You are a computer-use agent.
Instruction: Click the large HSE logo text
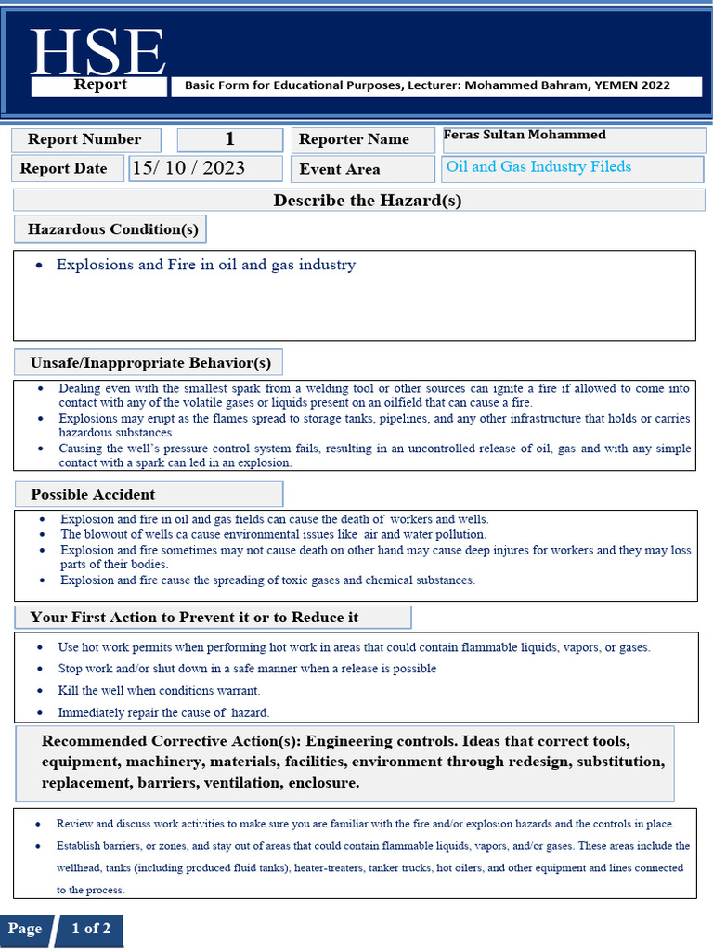click(97, 52)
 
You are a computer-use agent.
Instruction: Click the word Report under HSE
click(100, 85)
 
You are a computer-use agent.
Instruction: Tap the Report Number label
click(84, 139)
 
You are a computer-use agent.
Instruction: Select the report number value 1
click(229, 139)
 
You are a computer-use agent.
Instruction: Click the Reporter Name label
click(354, 139)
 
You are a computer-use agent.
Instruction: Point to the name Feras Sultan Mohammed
click(525, 135)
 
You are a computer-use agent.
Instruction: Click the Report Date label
click(63, 168)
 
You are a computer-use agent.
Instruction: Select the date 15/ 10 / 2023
click(188, 167)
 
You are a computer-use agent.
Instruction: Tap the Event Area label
click(339, 169)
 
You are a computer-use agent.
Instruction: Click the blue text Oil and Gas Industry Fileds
click(538, 167)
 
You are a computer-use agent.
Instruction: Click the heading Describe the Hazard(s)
click(367, 201)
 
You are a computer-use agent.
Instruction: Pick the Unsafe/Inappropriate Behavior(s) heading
click(150, 361)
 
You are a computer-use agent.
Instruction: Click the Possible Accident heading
click(93, 494)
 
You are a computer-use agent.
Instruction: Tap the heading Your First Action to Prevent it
click(194, 617)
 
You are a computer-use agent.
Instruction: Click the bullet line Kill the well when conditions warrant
click(159, 691)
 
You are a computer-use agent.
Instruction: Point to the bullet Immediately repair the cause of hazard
click(163, 713)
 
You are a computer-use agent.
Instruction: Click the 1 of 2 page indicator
click(90, 929)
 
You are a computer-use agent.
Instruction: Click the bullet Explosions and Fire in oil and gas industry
click(205, 265)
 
